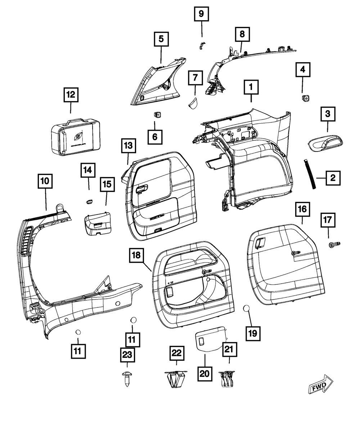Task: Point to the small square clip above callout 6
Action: [x=157, y=114]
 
